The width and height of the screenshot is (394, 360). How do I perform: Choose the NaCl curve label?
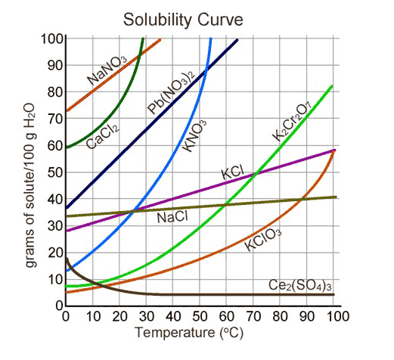click(x=172, y=218)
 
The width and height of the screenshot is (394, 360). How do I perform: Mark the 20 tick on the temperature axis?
click(x=119, y=316)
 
